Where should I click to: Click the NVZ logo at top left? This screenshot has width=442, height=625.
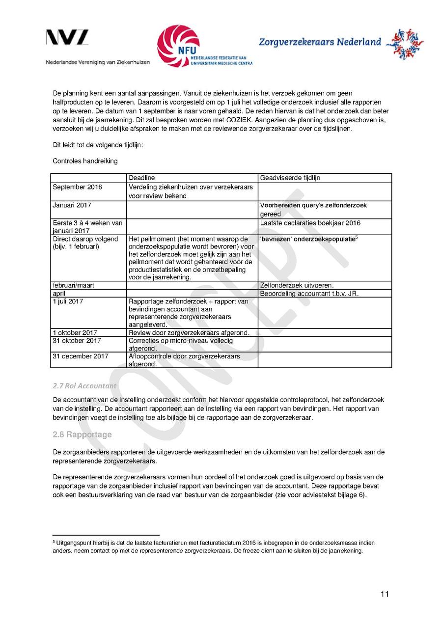pos(67,37)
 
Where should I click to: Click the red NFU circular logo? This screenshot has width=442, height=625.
pos(178,46)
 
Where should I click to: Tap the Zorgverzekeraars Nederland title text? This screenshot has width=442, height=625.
pos(320,42)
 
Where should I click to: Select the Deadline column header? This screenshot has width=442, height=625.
pos(142,178)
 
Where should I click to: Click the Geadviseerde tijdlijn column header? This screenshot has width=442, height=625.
pos(290,178)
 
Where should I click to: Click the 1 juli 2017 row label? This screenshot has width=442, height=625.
pos(68,301)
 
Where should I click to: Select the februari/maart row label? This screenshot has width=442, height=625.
pos(74,285)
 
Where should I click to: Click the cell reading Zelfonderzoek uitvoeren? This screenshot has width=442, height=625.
pos(297,285)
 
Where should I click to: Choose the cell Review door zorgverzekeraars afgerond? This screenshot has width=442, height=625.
pos(189,333)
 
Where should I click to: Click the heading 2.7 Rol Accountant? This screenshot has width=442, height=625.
pos(84,386)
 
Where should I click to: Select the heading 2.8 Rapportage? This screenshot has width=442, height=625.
pos(82,435)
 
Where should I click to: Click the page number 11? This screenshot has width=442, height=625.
pos(385,595)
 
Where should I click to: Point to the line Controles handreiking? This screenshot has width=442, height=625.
pos(85,161)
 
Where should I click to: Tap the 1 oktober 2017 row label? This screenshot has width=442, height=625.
pos(75,333)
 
